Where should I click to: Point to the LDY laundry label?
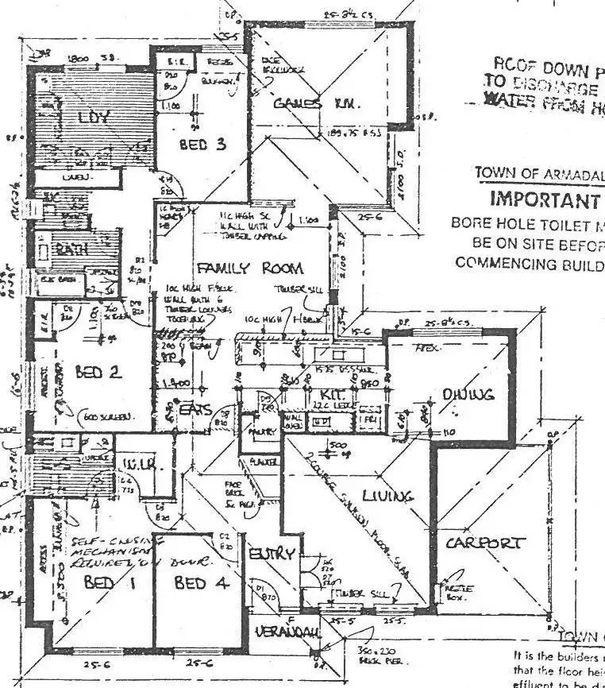(93, 118)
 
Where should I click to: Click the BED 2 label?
(98, 371)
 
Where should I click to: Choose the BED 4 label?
(202, 583)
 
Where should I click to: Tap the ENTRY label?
(272, 554)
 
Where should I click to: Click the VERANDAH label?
(276, 632)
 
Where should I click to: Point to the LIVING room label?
(387, 496)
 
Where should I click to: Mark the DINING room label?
(468, 393)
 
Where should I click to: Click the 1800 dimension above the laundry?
(78, 59)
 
